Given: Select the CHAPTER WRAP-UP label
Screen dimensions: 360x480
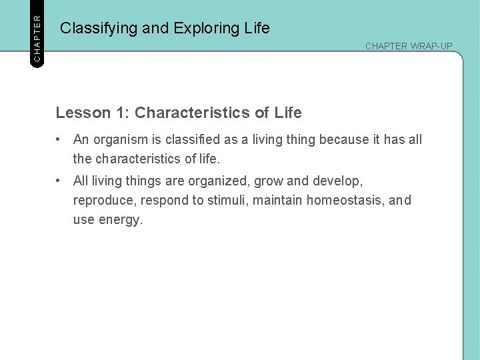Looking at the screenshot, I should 409,46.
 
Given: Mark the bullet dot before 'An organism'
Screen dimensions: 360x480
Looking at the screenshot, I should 60,139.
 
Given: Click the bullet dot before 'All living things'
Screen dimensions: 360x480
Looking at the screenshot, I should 60,181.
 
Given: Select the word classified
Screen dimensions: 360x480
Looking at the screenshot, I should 189,139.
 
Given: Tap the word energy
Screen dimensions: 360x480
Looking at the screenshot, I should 121,220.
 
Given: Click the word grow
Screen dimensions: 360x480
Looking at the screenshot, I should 269,181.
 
